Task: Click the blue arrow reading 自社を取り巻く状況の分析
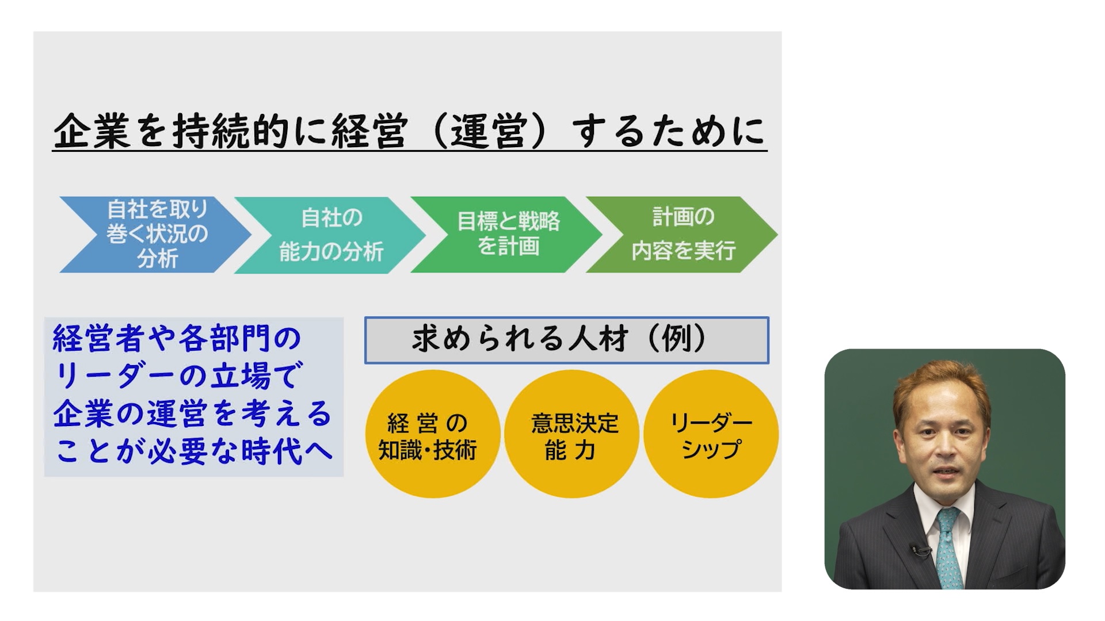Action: point(155,235)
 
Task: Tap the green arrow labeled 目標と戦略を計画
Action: point(506,235)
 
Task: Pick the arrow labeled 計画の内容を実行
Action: point(682,235)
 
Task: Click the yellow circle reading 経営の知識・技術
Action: point(432,434)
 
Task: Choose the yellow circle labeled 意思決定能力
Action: point(571,434)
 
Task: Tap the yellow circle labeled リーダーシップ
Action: point(711,434)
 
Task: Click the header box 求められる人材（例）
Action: point(567,340)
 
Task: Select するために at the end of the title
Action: point(668,131)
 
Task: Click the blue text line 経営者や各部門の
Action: point(177,338)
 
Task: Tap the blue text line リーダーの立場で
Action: point(177,376)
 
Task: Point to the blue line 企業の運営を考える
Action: point(193,414)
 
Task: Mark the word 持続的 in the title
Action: point(230,131)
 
